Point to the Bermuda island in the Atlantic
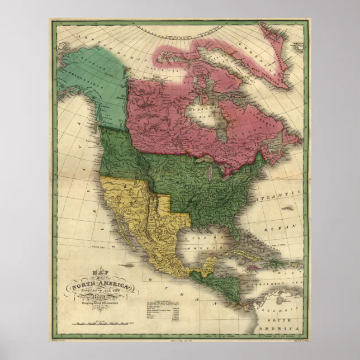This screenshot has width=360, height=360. coord(289,208)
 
